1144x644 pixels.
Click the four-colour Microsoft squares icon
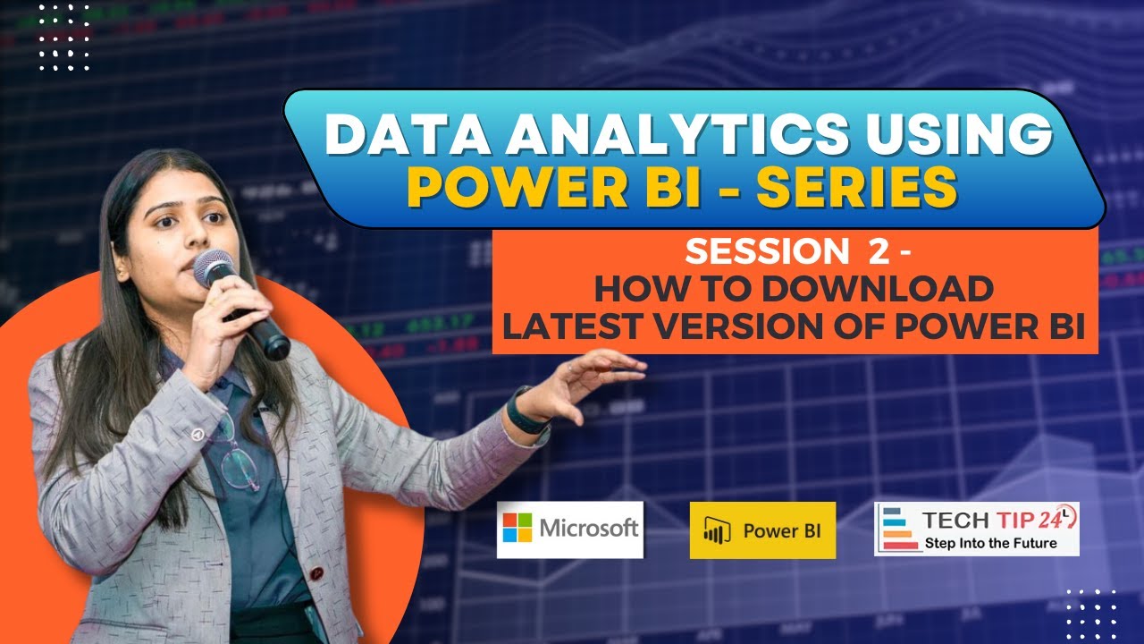[517, 528]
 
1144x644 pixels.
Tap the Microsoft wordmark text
[588, 528]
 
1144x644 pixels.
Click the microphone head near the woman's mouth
[212, 267]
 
